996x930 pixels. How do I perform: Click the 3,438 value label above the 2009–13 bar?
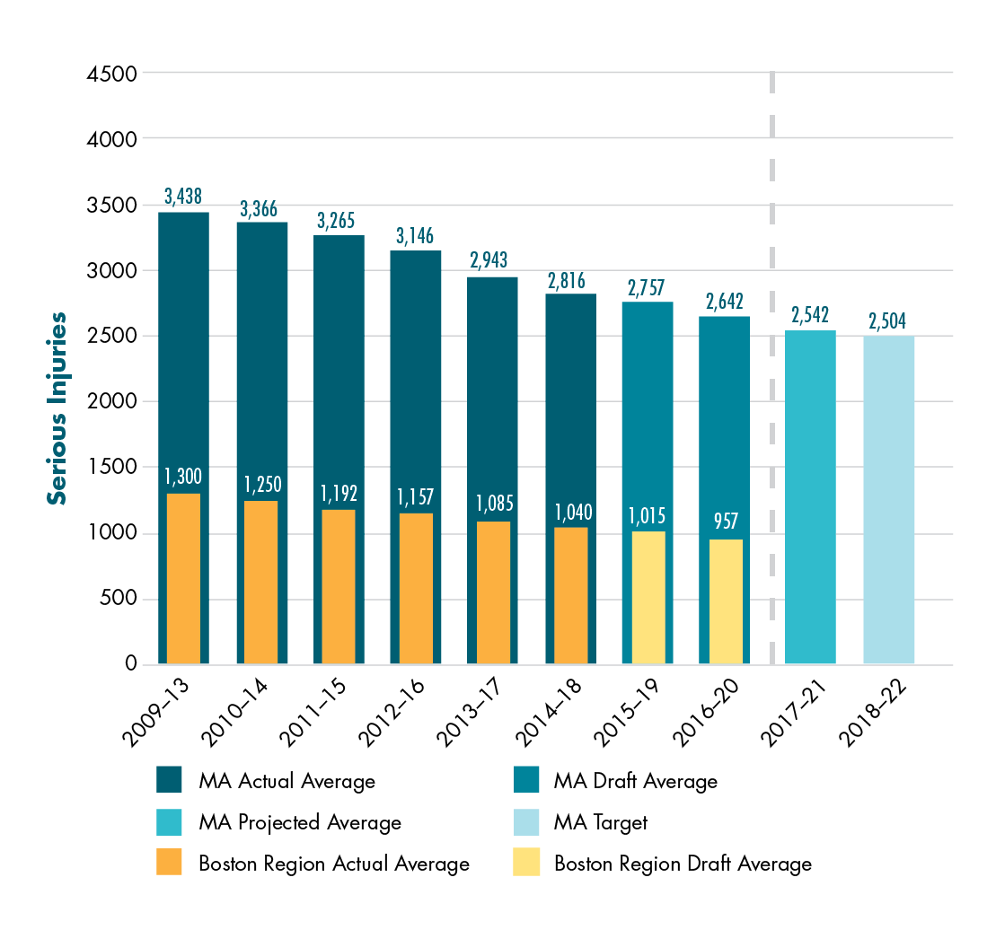(183, 196)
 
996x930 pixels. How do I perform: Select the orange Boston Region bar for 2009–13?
(183, 579)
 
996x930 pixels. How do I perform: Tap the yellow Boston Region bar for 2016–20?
(726, 601)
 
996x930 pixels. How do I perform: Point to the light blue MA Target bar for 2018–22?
(888, 500)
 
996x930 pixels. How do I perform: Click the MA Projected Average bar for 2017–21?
(810, 497)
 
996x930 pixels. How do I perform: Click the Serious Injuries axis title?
(57, 408)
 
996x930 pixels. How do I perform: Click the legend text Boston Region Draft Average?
(683, 864)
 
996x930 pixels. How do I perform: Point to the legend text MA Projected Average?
(299, 822)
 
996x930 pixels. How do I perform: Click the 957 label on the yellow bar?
(726, 522)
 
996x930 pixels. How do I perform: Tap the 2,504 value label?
(888, 320)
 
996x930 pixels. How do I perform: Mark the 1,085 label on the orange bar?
(494, 504)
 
